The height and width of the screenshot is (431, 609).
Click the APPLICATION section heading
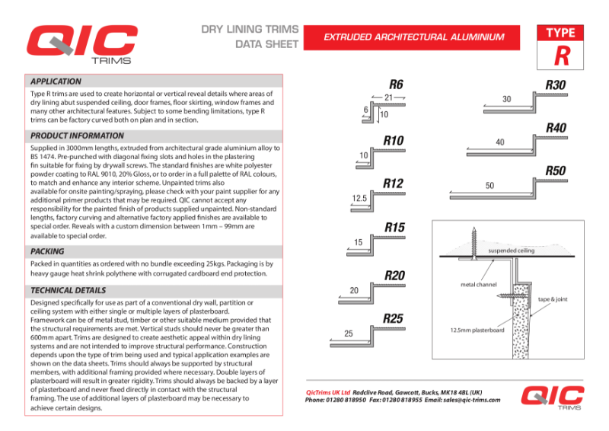[56, 81]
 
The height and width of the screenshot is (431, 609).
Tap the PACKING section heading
[47, 251]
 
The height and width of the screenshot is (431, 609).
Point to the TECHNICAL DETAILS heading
[68, 290]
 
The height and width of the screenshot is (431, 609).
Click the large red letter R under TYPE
[561, 56]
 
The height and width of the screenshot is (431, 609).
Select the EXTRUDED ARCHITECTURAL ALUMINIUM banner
[414, 37]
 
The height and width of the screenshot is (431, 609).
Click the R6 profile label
[396, 84]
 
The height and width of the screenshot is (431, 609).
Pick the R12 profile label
[393, 184]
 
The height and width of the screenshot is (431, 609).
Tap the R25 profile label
[393, 318]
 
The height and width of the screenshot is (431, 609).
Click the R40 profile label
[556, 128]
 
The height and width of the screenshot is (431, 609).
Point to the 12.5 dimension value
[359, 198]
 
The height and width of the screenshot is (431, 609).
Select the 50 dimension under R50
[489, 186]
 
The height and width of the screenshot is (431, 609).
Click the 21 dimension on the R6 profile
[388, 97]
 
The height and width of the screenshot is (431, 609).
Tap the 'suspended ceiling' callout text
[510, 250]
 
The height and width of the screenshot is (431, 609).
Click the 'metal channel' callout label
[479, 285]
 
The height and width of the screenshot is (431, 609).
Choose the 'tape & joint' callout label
[553, 299]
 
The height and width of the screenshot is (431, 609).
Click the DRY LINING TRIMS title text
[250, 29]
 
